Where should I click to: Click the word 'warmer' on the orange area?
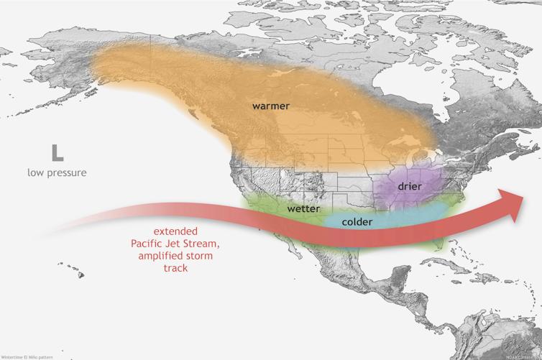tap(270, 106)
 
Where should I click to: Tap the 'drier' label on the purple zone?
tap(409, 186)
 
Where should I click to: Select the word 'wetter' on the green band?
tap(303, 208)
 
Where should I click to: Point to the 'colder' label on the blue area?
tap(357, 222)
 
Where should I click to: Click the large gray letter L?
tap(57, 152)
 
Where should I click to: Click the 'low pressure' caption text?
tap(57, 172)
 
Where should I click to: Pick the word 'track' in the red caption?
tap(175, 268)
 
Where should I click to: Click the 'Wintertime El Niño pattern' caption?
tap(27, 356)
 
